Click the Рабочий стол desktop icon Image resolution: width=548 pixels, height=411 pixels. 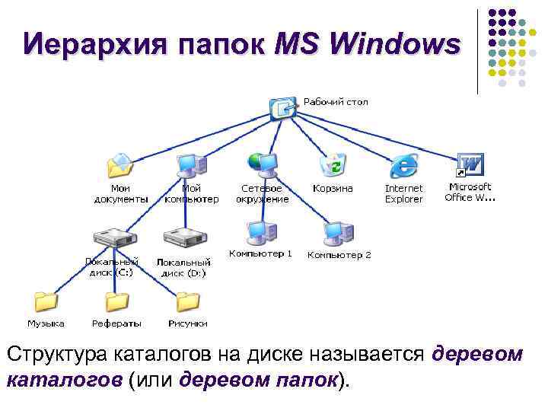click(x=283, y=107)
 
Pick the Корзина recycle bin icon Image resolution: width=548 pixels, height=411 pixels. click(x=333, y=164)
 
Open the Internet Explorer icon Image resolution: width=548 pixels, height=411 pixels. click(x=403, y=164)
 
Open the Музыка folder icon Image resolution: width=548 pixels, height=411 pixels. click(x=46, y=301)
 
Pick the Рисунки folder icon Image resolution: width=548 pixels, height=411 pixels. click(x=187, y=301)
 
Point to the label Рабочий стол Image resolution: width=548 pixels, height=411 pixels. click(x=336, y=101)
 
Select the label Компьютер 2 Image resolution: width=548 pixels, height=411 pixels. click(x=339, y=255)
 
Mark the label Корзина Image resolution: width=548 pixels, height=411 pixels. click(x=333, y=188)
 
